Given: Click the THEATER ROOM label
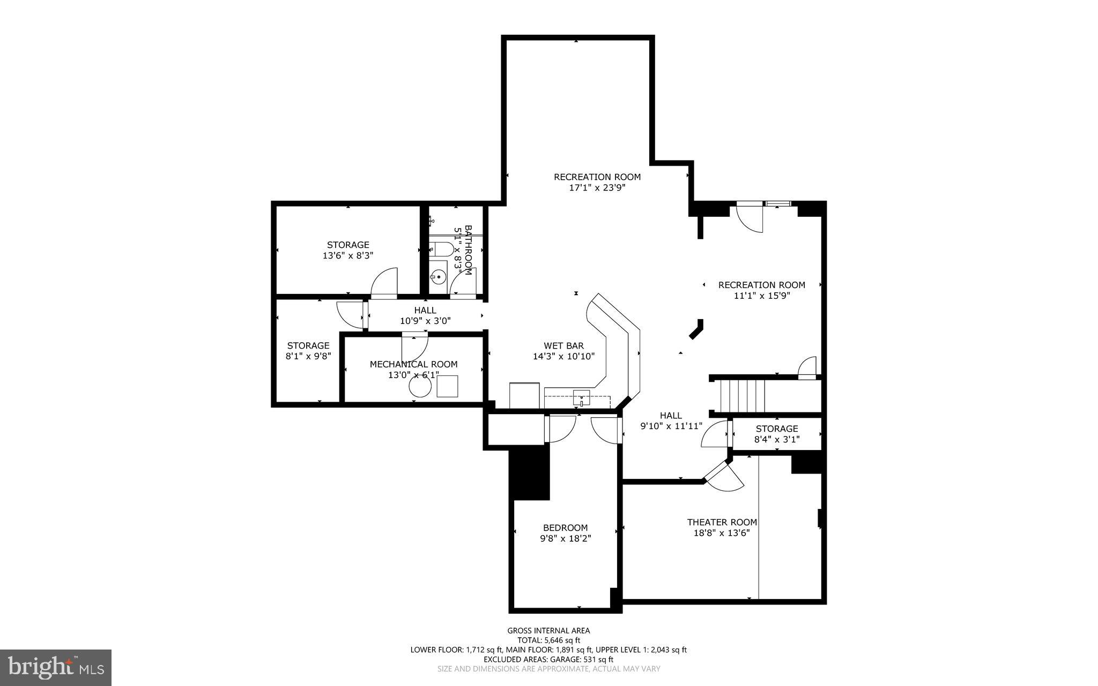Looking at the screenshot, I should pyautogui.click(x=722, y=522).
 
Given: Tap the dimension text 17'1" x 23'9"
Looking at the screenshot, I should pyautogui.click(x=597, y=188).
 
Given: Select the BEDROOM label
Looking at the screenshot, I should pyautogui.click(x=565, y=527).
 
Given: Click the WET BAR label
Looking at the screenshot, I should pyautogui.click(x=563, y=346).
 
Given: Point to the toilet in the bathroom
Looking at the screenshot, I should pyautogui.click(x=442, y=249).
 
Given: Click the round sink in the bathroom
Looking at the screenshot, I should pyautogui.click(x=438, y=277).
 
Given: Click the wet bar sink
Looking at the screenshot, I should pyautogui.click(x=581, y=399).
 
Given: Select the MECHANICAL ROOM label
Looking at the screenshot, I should pyautogui.click(x=413, y=364).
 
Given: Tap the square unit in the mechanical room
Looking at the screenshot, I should pyautogui.click(x=447, y=386).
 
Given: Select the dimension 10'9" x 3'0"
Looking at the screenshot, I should pyautogui.click(x=425, y=321).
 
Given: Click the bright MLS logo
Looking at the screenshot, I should pyautogui.click(x=56, y=667).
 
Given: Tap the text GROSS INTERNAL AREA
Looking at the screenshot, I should pyautogui.click(x=548, y=631).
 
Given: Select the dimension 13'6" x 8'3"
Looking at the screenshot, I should pyautogui.click(x=347, y=256).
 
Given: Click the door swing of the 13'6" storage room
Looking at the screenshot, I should pyautogui.click(x=384, y=282).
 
